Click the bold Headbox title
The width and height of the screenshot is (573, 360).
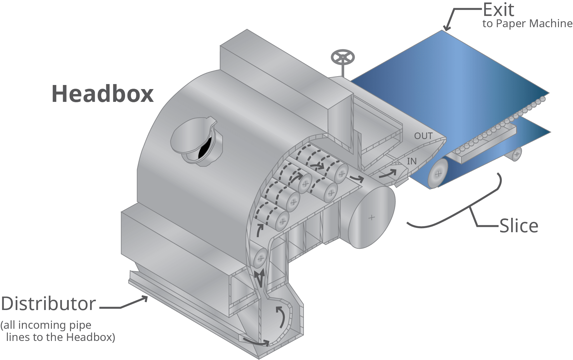pyautogui.click(x=103, y=94)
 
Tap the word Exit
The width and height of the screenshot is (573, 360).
pyautogui.click(x=498, y=10)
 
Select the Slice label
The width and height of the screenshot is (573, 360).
pyautogui.click(x=519, y=226)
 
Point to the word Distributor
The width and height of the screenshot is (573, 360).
pyautogui.click(x=48, y=304)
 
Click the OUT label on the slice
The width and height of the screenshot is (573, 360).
pyautogui.click(x=423, y=136)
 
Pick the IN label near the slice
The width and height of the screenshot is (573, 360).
pyautogui.click(x=412, y=161)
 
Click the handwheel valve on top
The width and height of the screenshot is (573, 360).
pyautogui.click(x=343, y=58)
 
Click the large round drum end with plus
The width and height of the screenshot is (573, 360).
pyautogui.click(x=371, y=217)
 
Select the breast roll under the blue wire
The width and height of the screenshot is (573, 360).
pyautogui.click(x=438, y=173)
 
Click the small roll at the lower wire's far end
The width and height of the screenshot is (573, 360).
pyautogui.click(x=517, y=154)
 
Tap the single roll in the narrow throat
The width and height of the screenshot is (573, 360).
pyautogui.click(x=260, y=258)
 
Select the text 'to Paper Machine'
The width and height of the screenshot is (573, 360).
pyautogui.click(x=527, y=24)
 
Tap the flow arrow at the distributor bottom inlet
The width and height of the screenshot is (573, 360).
pyautogui.click(x=256, y=342)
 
